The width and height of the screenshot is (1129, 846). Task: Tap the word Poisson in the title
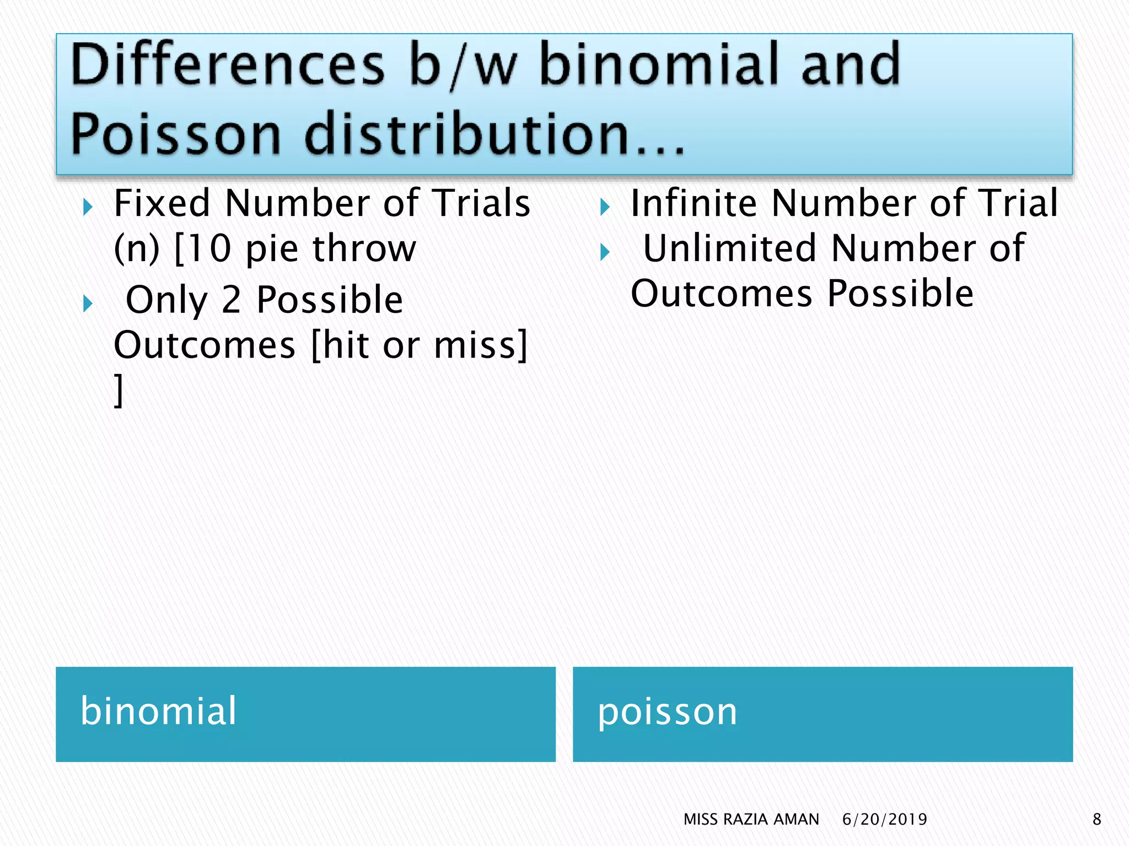175,134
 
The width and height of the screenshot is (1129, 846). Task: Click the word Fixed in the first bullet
162,203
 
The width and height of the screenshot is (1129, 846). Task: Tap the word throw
364,248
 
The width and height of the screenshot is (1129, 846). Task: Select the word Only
166,300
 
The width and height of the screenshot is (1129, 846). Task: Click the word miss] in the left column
481,345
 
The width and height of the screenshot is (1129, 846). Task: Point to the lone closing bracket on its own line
118,391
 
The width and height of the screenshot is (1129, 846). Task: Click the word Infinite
693,203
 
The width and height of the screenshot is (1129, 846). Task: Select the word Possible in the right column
900,294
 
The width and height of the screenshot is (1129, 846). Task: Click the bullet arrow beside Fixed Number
87,208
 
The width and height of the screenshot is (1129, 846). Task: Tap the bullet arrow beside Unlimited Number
605,253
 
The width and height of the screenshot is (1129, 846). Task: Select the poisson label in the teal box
667,712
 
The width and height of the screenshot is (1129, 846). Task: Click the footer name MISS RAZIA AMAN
751,820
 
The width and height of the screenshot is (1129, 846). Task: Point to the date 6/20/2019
884,820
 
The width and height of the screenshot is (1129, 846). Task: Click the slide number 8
1096,820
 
